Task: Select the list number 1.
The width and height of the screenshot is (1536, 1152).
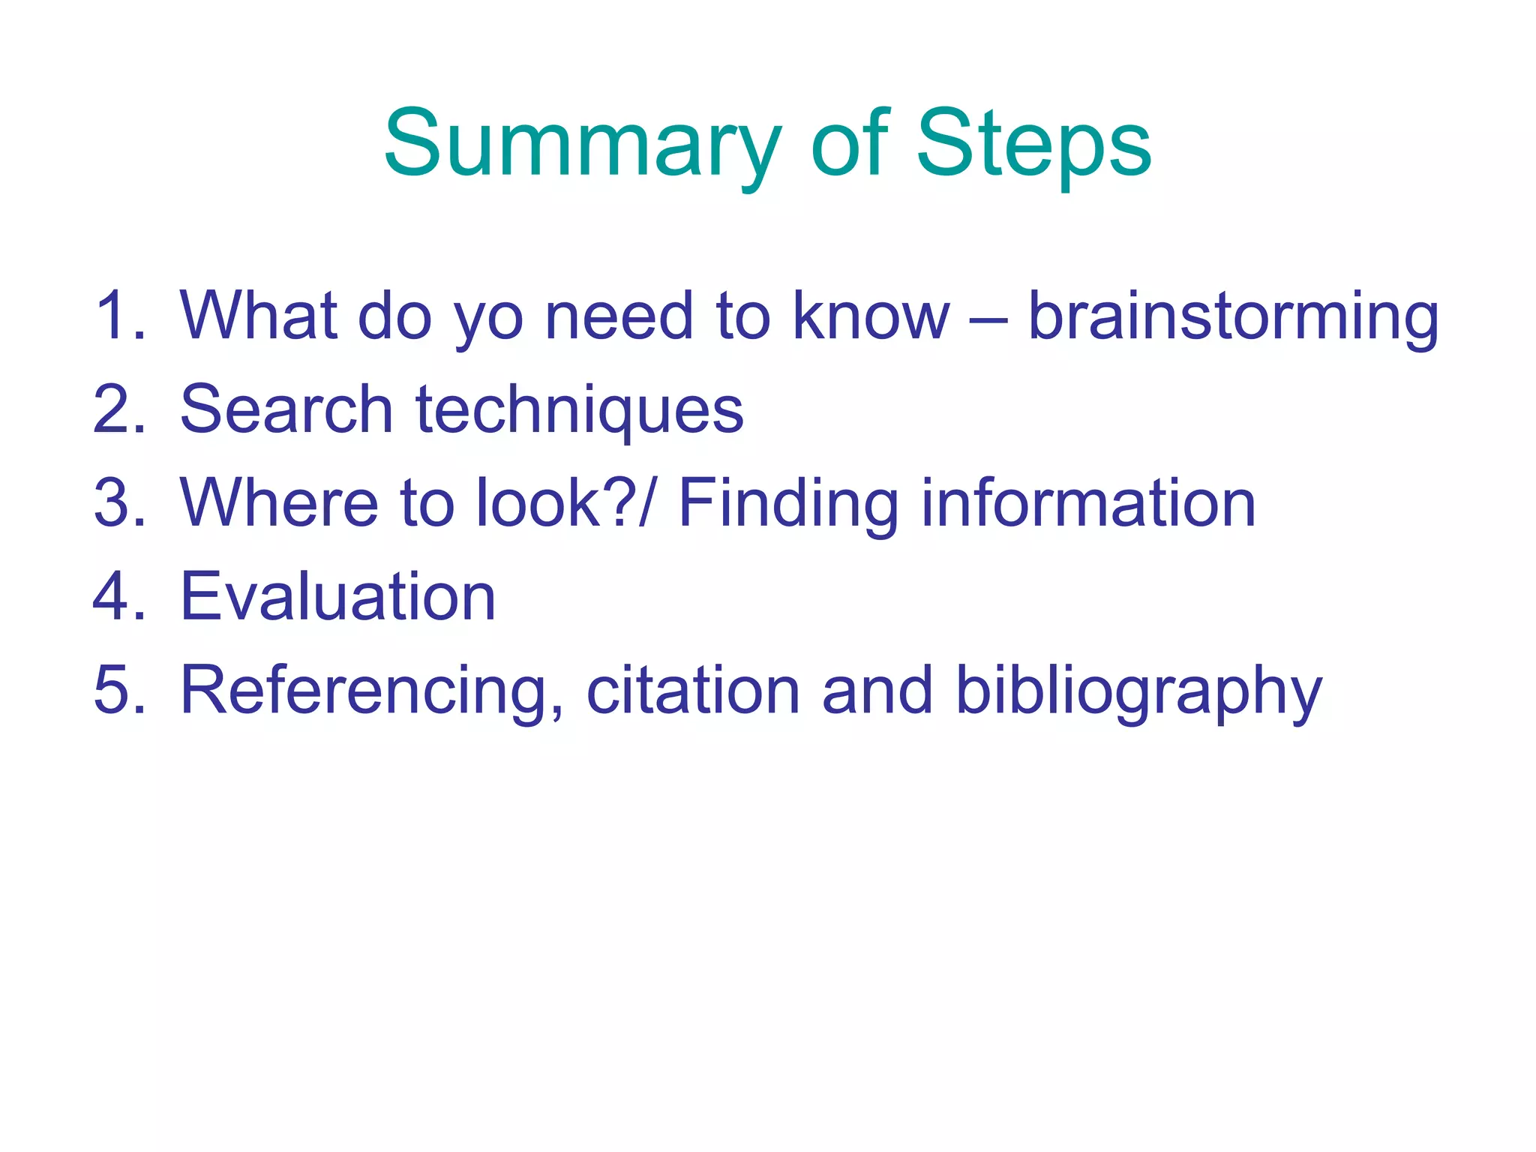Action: (118, 316)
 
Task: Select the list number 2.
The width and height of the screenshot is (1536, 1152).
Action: (118, 410)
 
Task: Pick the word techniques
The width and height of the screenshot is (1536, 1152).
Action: (579, 412)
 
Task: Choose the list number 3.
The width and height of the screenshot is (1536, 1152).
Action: (118, 503)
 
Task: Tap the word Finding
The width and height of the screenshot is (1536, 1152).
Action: (787, 505)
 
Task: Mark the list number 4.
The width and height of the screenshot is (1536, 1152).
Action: (118, 597)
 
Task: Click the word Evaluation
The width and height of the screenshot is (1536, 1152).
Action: (337, 597)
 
